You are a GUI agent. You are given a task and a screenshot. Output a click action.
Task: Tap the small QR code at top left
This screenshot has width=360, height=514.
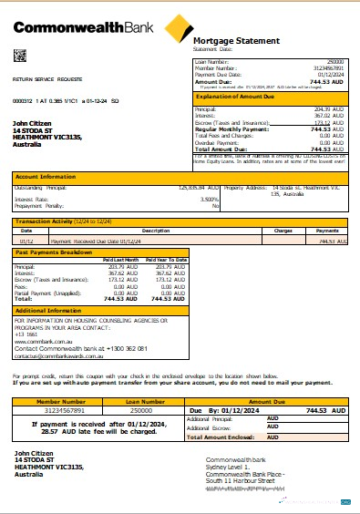pyautogui.click(x=19, y=56)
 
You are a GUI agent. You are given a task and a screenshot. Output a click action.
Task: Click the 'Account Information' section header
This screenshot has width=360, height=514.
pyautogui.click(x=44, y=179)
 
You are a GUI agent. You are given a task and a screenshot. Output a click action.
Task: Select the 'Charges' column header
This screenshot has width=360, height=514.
pyautogui.click(x=283, y=231)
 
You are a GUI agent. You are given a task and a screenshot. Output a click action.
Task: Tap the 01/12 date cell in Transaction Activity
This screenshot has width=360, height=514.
pyautogui.click(x=28, y=242)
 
